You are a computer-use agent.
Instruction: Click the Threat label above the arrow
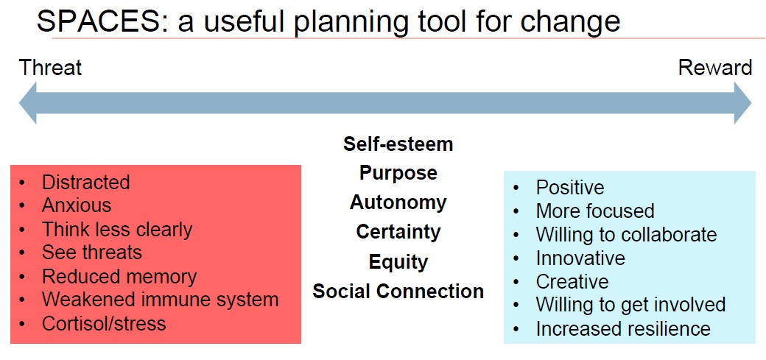point(50,68)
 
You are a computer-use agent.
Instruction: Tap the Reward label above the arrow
point(714,68)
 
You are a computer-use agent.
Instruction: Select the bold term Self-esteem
point(398,144)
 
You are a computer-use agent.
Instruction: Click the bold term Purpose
point(398,173)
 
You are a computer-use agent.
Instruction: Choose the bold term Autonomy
point(398,202)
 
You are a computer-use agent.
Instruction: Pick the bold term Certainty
point(398,232)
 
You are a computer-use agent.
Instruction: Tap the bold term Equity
point(398,261)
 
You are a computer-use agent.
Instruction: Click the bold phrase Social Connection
point(398,291)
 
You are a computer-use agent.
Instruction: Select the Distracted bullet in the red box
point(85,182)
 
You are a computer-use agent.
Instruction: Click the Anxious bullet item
point(77,205)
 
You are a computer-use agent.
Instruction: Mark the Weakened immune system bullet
point(160,300)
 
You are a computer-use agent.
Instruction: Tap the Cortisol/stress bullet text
point(104,323)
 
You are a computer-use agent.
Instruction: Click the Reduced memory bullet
point(119,276)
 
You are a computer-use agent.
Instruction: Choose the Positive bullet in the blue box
point(569,188)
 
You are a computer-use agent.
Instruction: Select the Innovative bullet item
point(580,258)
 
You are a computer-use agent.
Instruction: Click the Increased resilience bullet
point(622,328)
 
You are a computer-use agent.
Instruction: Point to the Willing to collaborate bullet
point(626,235)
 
